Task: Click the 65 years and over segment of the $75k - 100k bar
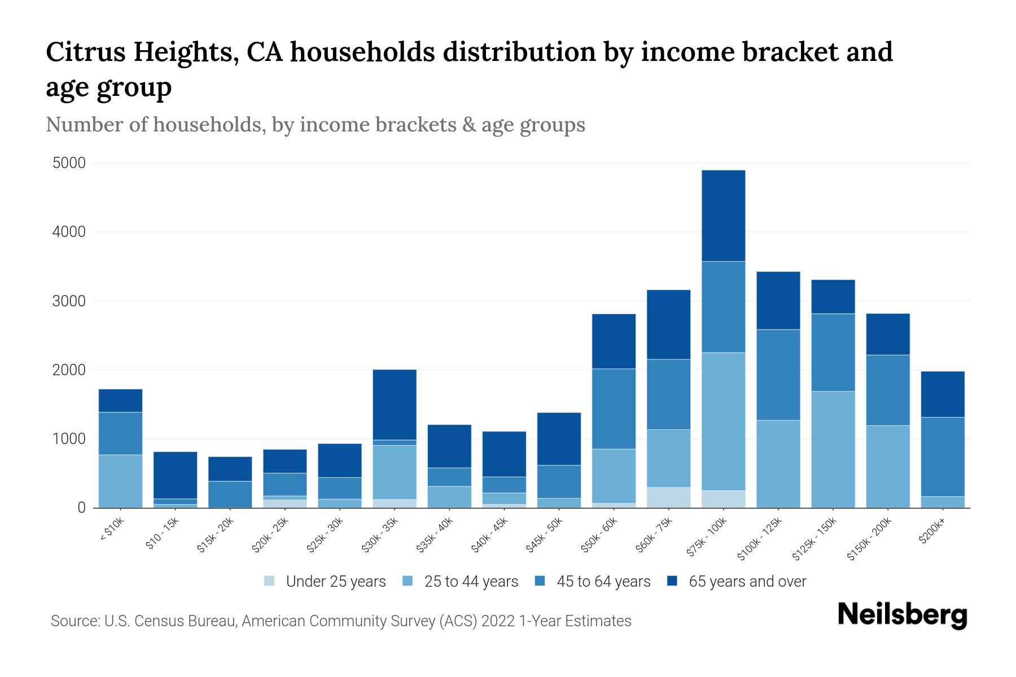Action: click(723, 216)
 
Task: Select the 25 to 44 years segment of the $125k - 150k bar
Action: click(833, 449)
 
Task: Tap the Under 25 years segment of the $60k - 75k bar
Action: click(668, 497)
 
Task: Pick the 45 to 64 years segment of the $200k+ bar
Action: click(942, 456)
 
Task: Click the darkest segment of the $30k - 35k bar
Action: click(395, 405)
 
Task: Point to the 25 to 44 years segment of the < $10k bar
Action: click(120, 481)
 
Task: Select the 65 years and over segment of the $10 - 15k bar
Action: click(175, 475)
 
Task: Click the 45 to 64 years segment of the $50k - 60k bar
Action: click(614, 408)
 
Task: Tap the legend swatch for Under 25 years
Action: click(269, 581)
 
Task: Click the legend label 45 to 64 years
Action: click(603, 582)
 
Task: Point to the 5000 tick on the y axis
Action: click(69, 164)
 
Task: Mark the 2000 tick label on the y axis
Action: click(69, 370)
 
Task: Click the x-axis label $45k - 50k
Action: click(544, 534)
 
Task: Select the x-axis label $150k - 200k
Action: click(869, 538)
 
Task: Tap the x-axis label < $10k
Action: click(111, 530)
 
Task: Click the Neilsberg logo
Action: click(902, 615)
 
